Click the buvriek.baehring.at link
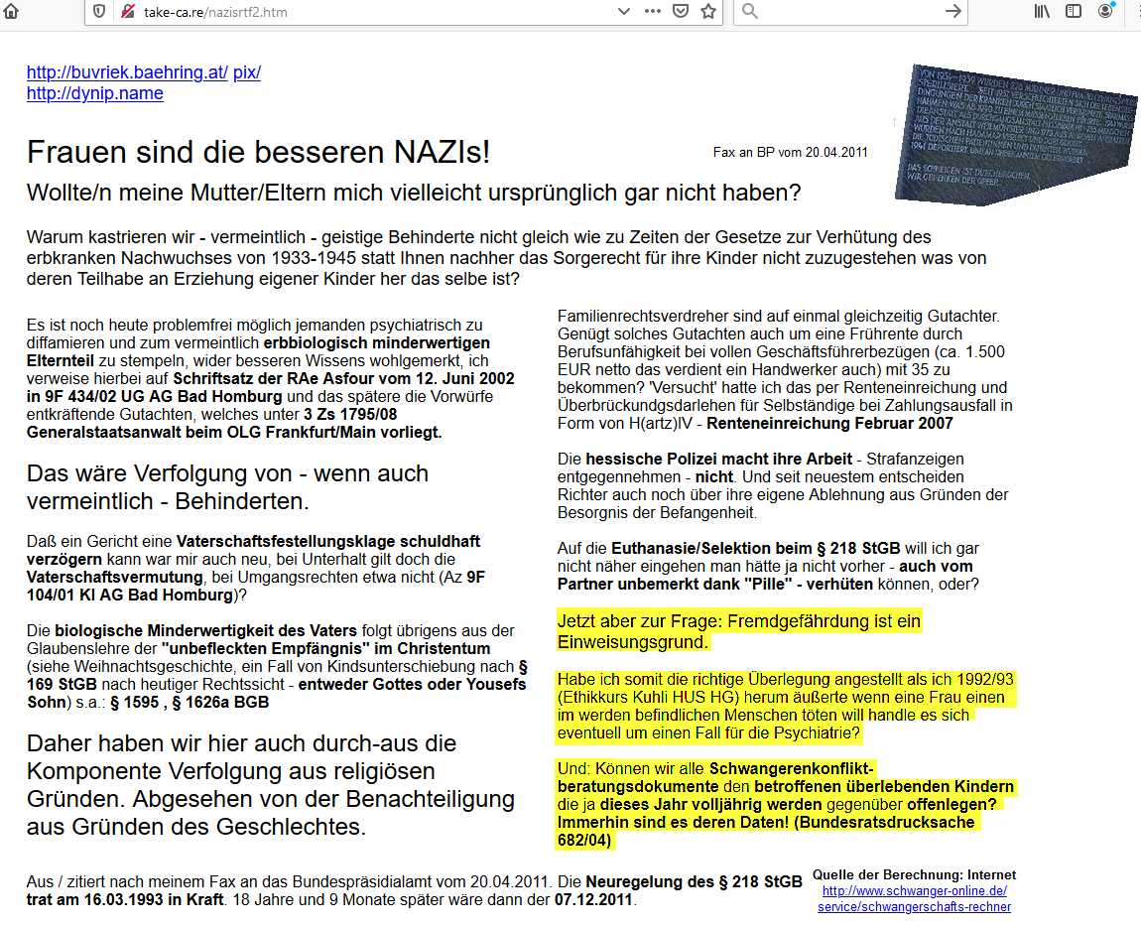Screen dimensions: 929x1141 point(127,72)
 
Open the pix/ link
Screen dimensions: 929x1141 point(247,72)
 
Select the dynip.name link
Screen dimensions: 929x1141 point(94,93)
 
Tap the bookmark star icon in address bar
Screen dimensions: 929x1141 point(708,11)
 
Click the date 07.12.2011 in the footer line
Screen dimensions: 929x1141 point(593,901)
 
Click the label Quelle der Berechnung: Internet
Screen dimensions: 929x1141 point(914,874)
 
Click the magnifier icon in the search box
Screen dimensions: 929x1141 point(750,11)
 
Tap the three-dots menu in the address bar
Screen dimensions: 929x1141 point(652,11)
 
